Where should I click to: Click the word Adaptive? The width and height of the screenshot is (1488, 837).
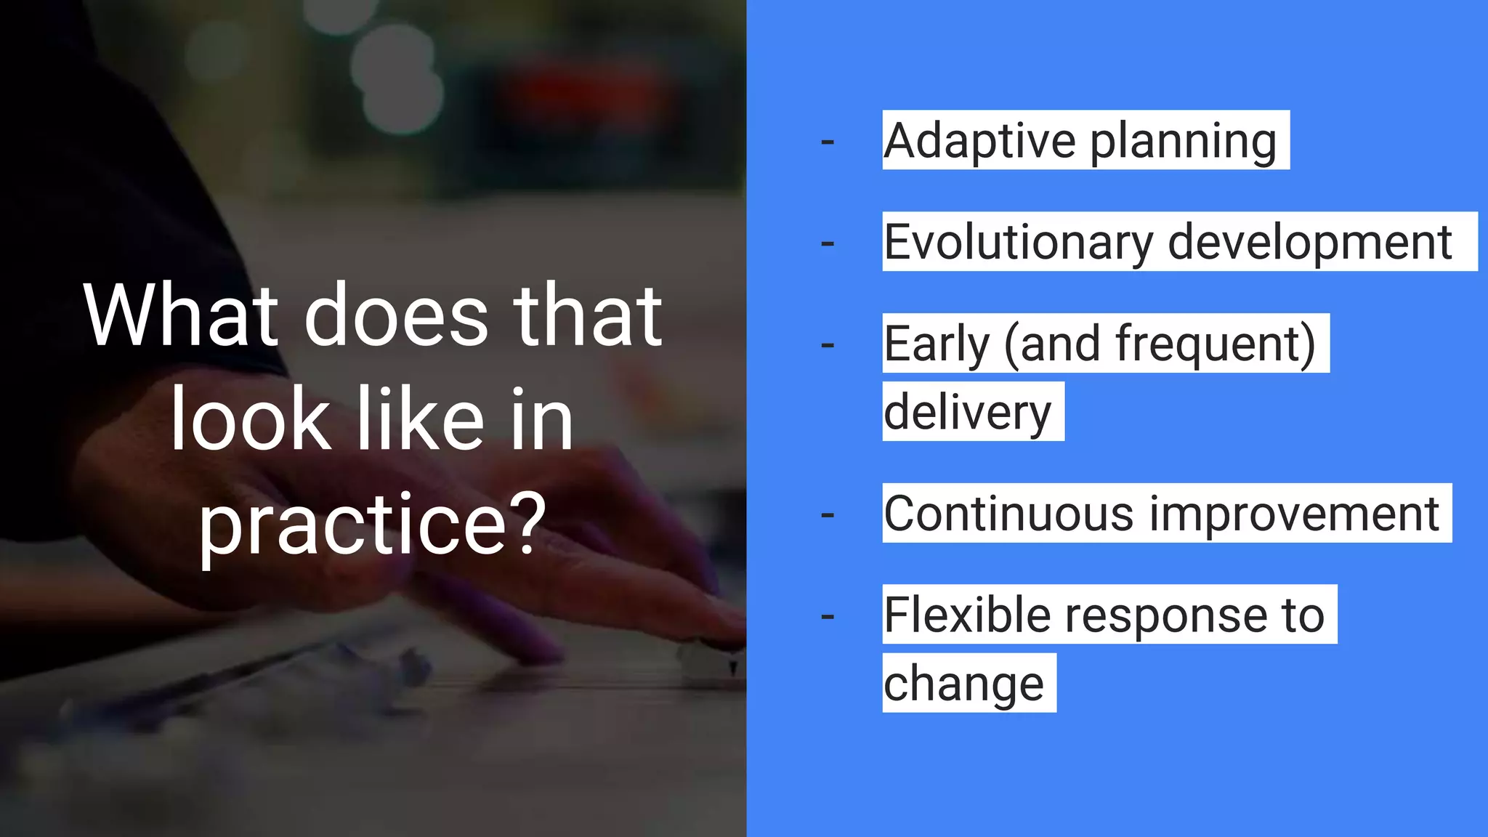(x=979, y=140)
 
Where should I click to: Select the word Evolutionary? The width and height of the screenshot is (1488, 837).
(x=1017, y=243)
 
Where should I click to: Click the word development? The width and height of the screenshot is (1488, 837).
(x=1309, y=243)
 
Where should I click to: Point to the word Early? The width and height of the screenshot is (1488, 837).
(x=937, y=344)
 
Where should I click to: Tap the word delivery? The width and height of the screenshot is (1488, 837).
(x=967, y=413)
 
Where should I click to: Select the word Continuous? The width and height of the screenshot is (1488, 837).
(x=1008, y=513)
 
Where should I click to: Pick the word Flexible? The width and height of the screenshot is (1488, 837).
(x=966, y=615)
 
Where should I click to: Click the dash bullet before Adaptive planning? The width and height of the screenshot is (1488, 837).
(x=827, y=142)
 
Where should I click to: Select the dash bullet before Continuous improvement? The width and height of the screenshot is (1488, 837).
(x=827, y=516)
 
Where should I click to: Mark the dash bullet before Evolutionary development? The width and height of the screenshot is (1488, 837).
(x=827, y=244)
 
